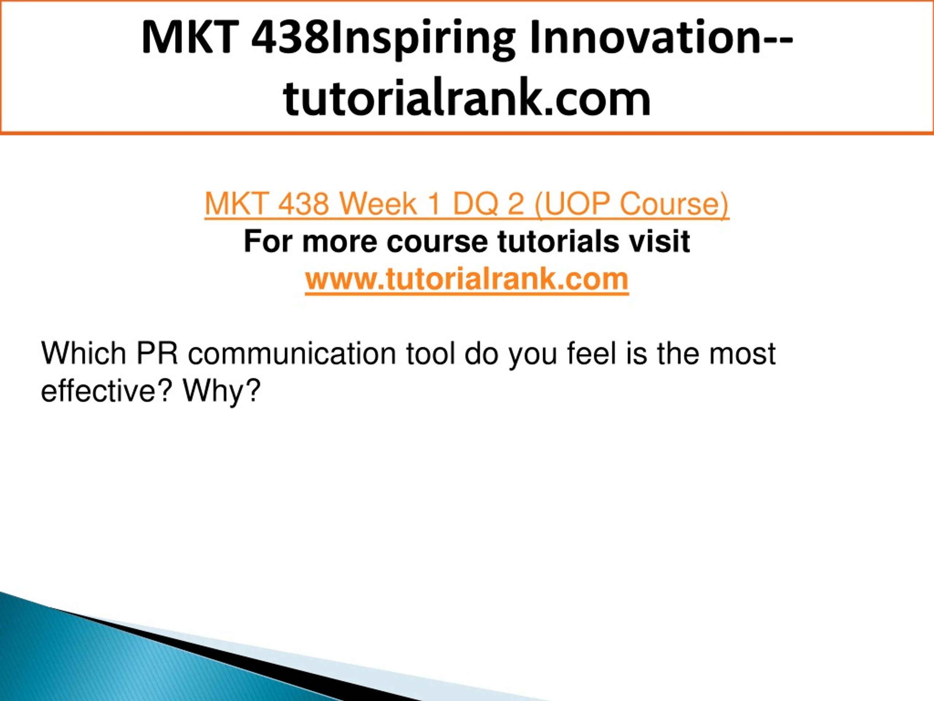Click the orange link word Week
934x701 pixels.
coord(378,204)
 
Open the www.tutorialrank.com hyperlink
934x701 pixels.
coord(467,279)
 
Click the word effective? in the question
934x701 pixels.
coord(107,390)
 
